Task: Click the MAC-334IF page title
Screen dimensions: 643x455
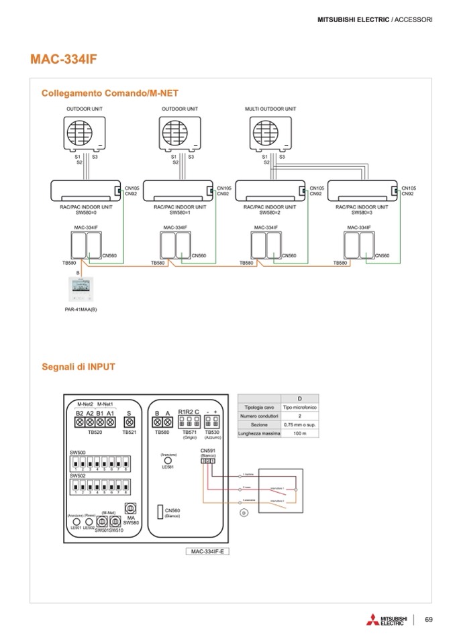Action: coord(64,59)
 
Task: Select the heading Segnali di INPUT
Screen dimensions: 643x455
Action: coord(78,367)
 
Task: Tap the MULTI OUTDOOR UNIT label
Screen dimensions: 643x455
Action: coord(270,108)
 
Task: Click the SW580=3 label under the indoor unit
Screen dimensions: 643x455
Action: coord(362,213)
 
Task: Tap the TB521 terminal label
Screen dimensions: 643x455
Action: coord(130,433)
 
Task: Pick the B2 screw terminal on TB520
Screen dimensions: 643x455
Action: coord(79,422)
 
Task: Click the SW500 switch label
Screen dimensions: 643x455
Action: coord(77,453)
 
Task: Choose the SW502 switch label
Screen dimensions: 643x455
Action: coord(77,476)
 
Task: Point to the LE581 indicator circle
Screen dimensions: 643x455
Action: coord(168,462)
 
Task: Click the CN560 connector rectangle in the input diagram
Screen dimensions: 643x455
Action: coord(160,512)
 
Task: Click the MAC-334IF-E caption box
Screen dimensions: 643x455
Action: coord(208,550)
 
